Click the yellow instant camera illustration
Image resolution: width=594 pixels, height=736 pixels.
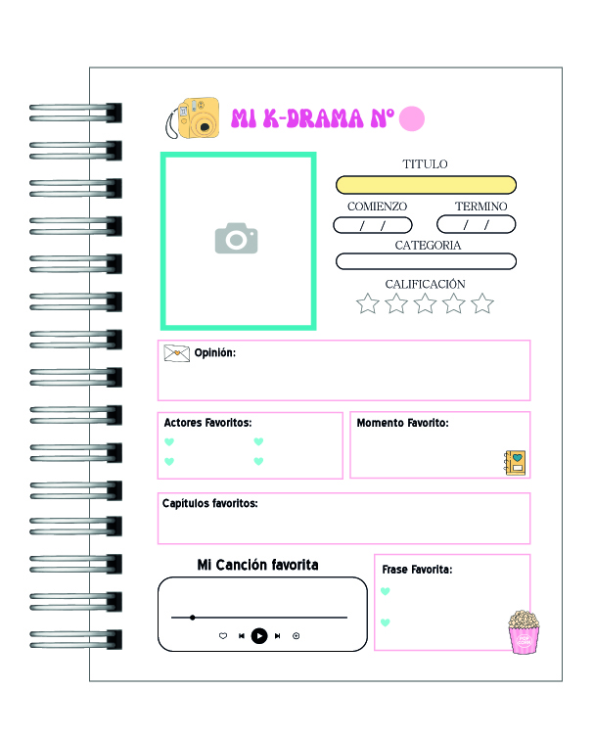tap(193, 117)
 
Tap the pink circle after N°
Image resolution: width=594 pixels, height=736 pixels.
tap(411, 118)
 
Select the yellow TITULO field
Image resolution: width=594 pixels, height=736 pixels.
tap(426, 185)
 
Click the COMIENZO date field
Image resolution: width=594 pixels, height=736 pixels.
tap(373, 225)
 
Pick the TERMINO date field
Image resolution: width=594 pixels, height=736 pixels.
tap(477, 224)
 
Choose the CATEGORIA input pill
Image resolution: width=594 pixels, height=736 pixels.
tap(426, 261)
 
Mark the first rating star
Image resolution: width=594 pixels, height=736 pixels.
tap(368, 303)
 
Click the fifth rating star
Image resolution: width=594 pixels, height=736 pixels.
tap(482, 303)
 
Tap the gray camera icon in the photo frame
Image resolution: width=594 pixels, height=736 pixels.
tap(236, 238)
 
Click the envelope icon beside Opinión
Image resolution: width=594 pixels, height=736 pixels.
tap(177, 353)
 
